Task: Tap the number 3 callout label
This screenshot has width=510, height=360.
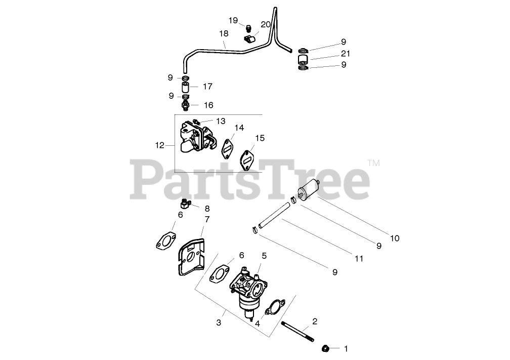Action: coord(219,322)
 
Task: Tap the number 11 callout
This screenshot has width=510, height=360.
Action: coord(359,258)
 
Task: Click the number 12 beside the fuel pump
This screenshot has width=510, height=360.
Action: coord(160,145)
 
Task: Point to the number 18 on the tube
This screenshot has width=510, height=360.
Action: coord(224,33)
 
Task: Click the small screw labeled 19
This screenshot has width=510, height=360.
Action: coord(249,26)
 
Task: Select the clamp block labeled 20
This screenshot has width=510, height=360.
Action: coord(250,38)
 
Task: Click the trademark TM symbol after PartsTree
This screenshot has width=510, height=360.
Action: coord(373,163)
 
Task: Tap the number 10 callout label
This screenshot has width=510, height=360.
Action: coord(395,238)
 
